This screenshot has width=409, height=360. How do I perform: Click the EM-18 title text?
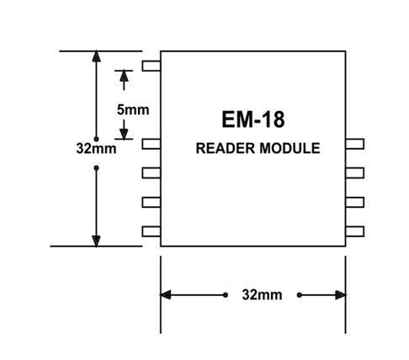[x=253, y=119]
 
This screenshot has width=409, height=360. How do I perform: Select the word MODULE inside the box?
[x=289, y=148]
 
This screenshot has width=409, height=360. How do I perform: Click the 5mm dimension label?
[x=133, y=109]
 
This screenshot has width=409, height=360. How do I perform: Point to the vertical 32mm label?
[x=96, y=149]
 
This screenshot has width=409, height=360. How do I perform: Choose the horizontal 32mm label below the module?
[x=262, y=295]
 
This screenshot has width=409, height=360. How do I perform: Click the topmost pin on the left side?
[x=151, y=66]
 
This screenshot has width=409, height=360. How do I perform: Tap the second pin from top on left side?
[x=151, y=144]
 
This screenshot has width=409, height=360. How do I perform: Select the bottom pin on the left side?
[x=151, y=231]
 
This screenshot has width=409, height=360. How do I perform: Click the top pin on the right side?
[x=355, y=144]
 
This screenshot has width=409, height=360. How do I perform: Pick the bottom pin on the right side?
[x=355, y=231]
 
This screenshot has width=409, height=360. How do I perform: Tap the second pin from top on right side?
[x=355, y=173]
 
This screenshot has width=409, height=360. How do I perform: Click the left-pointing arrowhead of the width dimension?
[x=165, y=295]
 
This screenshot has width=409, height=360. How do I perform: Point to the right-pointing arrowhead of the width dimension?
[x=341, y=295]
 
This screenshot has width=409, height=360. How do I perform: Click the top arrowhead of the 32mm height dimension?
[x=96, y=56]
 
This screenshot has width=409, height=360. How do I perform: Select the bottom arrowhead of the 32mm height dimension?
[x=96, y=241]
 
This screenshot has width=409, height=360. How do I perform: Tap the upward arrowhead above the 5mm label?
[x=124, y=76]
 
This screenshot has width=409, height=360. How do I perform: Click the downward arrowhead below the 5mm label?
[x=124, y=134]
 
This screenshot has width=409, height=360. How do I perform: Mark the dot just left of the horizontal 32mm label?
[x=226, y=295]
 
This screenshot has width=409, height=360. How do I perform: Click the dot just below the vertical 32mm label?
[x=96, y=168]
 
